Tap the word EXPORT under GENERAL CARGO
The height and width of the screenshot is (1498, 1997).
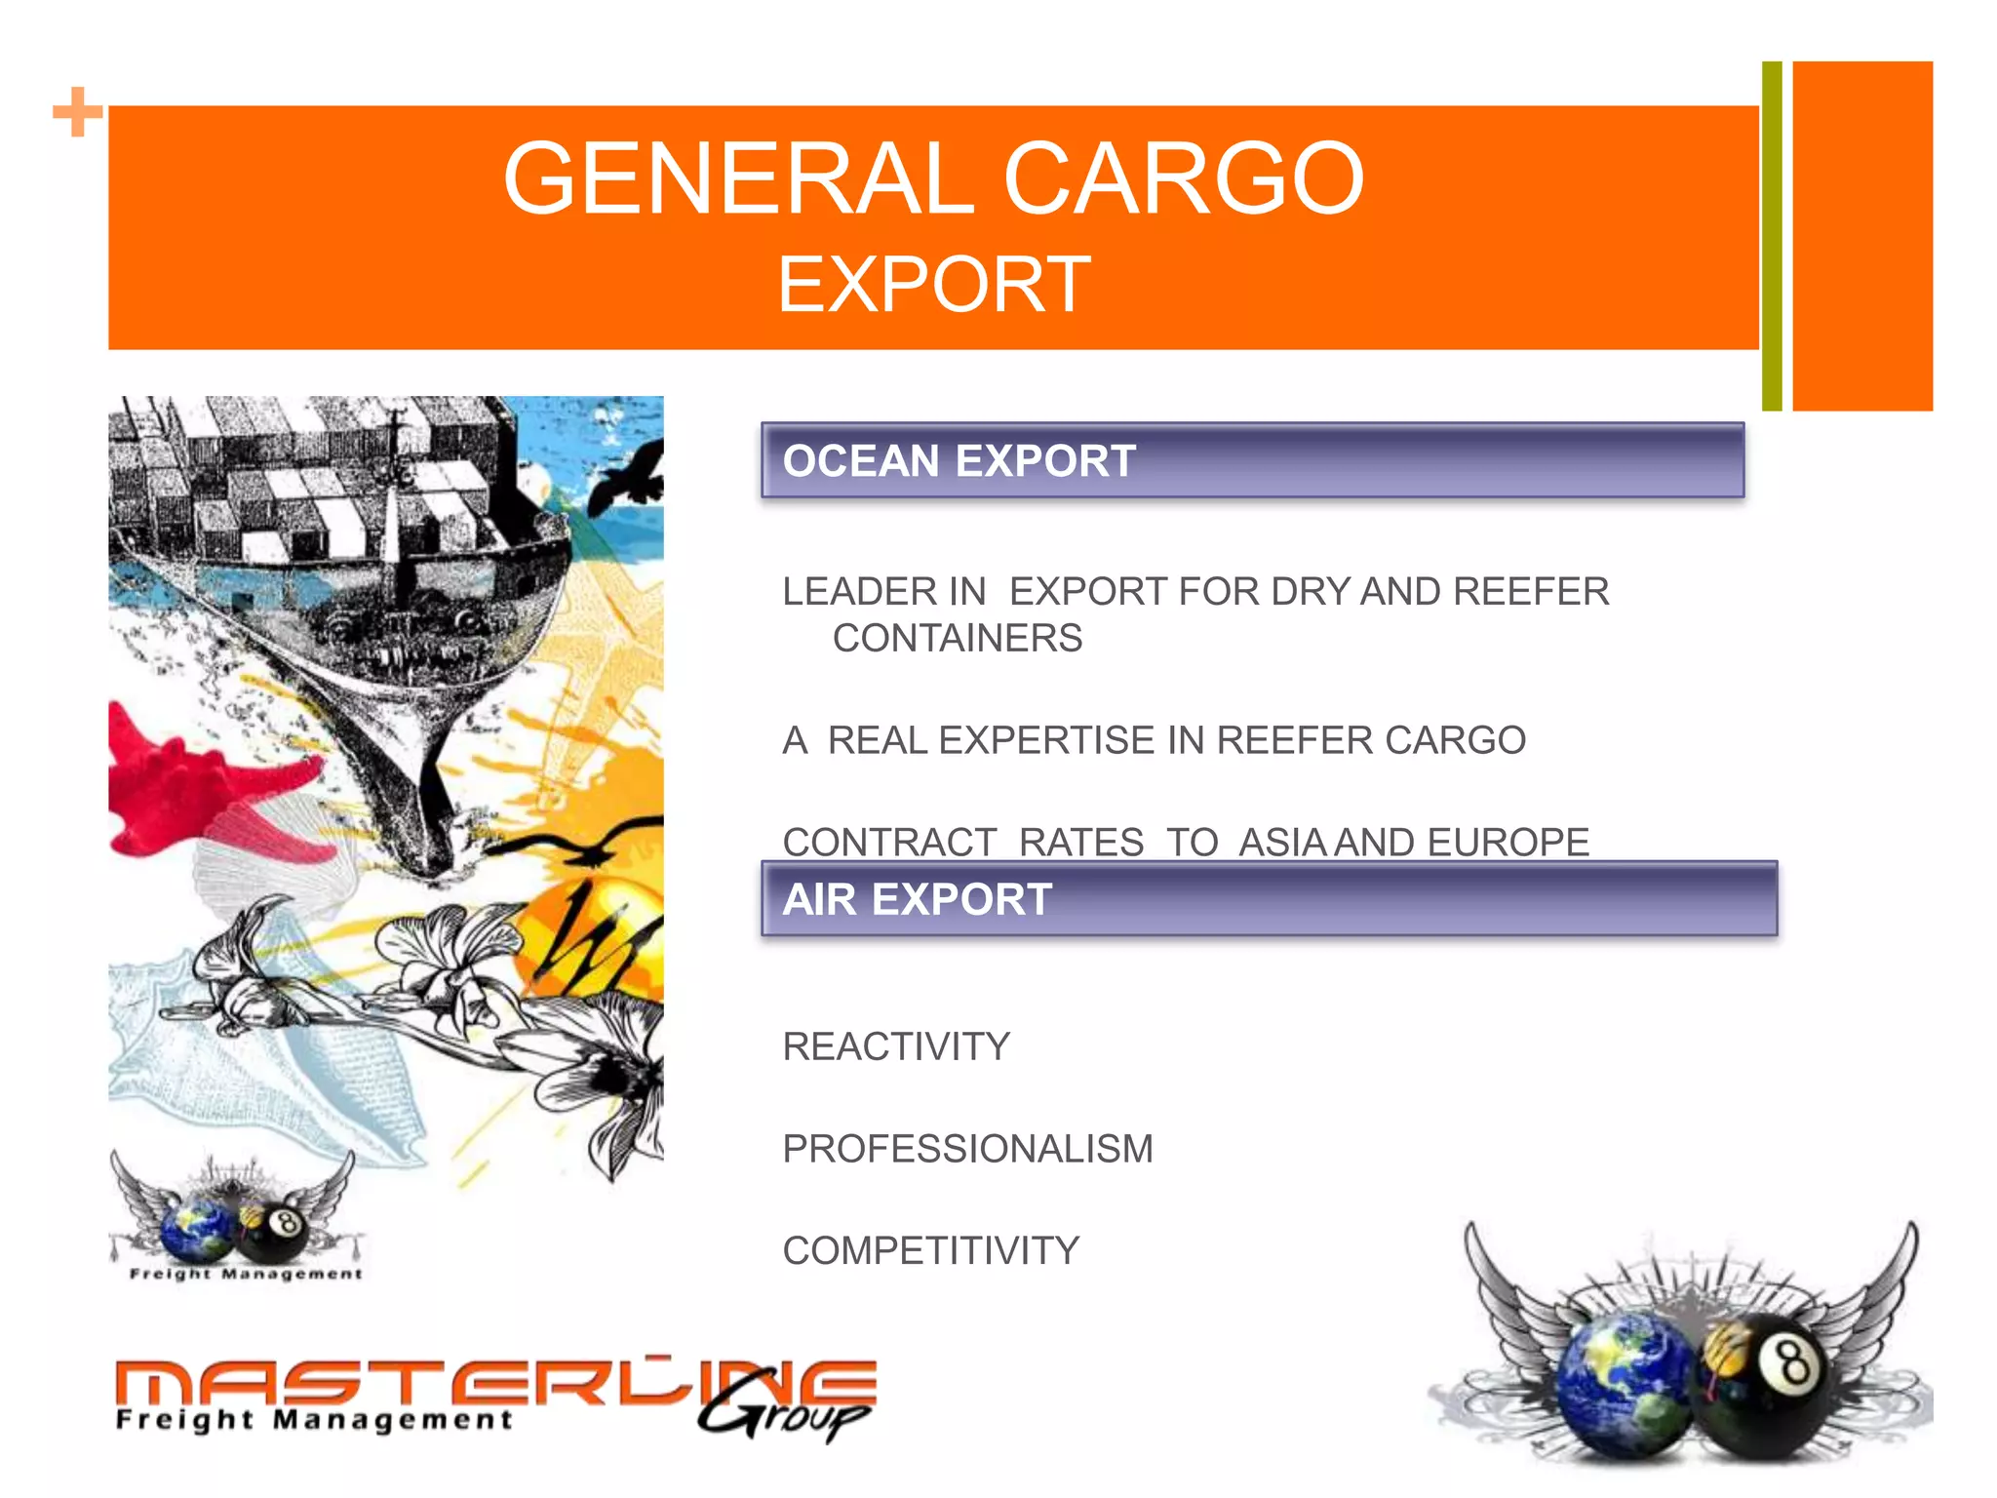[933, 285]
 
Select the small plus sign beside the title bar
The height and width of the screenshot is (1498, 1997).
[77, 112]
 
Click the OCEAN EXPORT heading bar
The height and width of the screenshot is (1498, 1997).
[1252, 460]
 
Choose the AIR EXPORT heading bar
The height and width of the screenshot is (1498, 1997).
[1268, 899]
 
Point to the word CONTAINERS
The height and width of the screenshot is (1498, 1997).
[957, 639]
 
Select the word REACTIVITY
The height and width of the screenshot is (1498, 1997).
[895, 1047]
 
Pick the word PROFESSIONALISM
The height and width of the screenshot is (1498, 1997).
[967, 1149]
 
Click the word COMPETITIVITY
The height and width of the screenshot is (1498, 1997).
[930, 1251]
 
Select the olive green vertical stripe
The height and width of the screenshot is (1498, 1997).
[1771, 236]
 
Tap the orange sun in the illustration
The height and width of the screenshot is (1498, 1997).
[595, 936]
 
